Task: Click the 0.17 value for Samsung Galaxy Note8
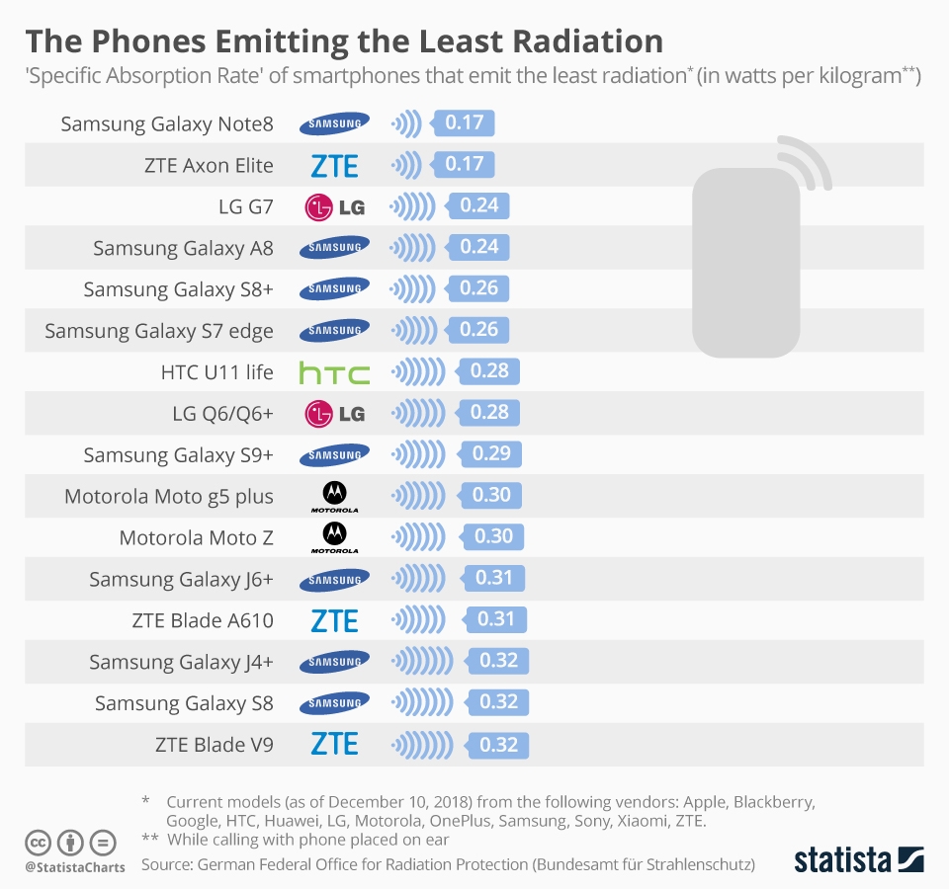coord(464,123)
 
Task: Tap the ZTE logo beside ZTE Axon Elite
coord(334,165)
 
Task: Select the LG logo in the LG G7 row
coord(334,206)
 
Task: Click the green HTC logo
coord(334,372)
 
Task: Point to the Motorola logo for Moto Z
coord(334,536)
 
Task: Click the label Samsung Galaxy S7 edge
coord(159,331)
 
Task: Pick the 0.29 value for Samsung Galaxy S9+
coord(491,454)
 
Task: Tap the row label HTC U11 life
coord(216,372)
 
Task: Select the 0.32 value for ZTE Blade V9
coord(498,745)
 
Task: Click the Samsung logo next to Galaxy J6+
coord(334,579)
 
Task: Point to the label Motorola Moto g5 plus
coord(169,496)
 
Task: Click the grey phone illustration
coord(747,262)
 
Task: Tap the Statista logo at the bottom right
coord(858,858)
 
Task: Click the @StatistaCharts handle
coord(75,867)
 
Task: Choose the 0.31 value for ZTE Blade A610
coord(495,620)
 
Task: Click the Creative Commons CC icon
coord(39,844)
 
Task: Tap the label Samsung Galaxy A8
coord(183,248)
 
